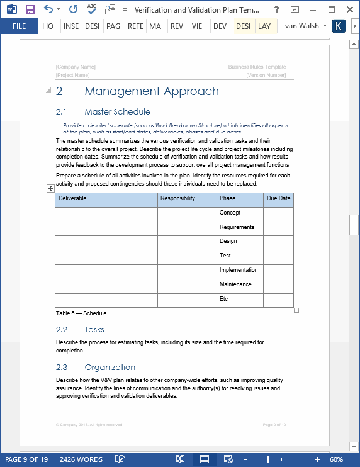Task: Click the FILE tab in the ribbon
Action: (19, 26)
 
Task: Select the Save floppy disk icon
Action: (30, 9)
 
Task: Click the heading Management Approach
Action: (151, 91)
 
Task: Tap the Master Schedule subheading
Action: (117, 112)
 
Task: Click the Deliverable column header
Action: (72, 198)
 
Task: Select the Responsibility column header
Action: (177, 198)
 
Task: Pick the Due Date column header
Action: (278, 198)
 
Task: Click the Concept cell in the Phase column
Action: (230, 213)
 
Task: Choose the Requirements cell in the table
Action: (237, 227)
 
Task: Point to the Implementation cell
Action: (238, 270)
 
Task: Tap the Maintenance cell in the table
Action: (235, 284)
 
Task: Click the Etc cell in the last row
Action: (223, 299)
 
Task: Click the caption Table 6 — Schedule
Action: (81, 313)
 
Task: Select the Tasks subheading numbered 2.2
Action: (94, 330)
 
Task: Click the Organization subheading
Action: (110, 368)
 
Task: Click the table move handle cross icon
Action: (50, 188)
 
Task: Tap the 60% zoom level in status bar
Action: (336, 459)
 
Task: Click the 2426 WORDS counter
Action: (81, 459)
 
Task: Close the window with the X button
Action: (350, 9)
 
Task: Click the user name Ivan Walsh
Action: (301, 26)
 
